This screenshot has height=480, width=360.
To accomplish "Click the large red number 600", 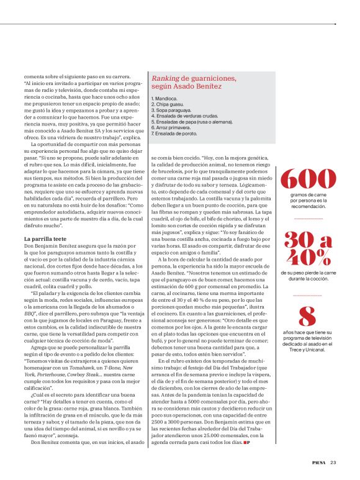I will point(308,179).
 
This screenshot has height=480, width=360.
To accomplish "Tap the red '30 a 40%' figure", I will point(308,248).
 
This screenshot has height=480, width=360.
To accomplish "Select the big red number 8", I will point(308,317).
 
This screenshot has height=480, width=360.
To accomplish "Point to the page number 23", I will point(333,461).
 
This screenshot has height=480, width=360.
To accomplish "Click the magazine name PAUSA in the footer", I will point(318,461).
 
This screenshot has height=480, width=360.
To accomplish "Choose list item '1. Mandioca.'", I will point(164,99).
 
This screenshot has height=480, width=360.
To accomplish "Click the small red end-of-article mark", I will point(247,443).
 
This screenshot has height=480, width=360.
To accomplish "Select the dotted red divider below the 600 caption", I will point(308,219).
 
